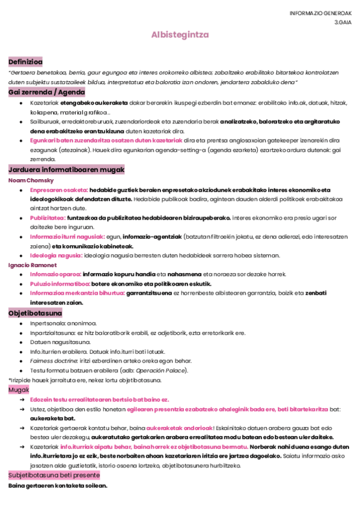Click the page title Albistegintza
coord(180,35)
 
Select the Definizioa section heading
coord(25,62)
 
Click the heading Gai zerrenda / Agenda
coord(46,92)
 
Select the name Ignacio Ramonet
coord(32,265)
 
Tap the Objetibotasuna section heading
coord(35,313)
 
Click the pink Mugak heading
coord(19,390)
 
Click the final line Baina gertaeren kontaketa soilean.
coord(58,485)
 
